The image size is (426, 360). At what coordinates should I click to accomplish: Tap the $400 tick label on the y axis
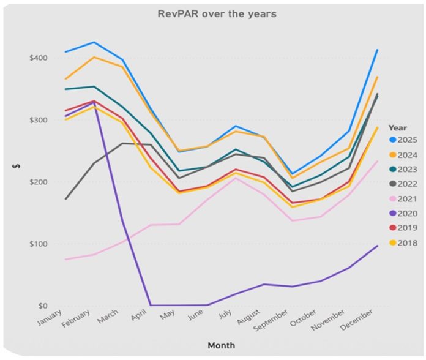click(38, 58)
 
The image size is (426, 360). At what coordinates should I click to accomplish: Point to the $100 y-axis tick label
click(38, 244)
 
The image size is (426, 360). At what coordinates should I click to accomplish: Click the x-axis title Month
click(221, 346)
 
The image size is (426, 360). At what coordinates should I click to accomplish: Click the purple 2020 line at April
click(151, 305)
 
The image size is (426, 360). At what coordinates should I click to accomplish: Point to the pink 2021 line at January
click(65, 259)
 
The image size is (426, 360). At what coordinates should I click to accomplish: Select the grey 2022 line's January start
click(65, 199)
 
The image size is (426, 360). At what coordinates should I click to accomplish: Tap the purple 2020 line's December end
click(377, 246)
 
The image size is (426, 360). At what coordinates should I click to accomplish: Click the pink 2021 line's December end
click(377, 162)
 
